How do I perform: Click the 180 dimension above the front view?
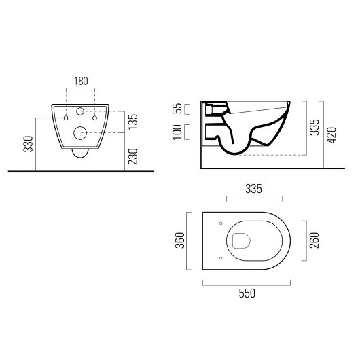click(x=81, y=81)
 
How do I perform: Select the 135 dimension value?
click(x=133, y=121)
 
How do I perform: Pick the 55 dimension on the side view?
click(x=177, y=109)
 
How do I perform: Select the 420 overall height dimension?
click(x=334, y=133)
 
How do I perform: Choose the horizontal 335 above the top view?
click(x=253, y=188)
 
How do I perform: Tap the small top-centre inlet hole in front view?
click(x=81, y=111)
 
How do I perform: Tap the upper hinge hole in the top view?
click(x=221, y=223)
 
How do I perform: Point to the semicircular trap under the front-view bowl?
click(x=81, y=154)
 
